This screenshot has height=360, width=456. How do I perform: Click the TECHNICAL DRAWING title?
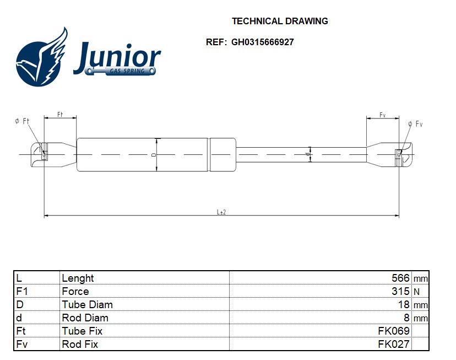(280, 22)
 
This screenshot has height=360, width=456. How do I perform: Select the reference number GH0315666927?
(262, 42)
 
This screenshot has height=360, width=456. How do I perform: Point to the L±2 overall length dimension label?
(221, 212)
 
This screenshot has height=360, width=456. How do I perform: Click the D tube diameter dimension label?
(154, 155)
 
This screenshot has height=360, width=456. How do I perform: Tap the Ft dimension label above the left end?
(60, 114)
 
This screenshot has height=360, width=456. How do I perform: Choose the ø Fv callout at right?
(415, 123)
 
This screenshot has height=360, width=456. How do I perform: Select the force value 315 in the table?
(400, 292)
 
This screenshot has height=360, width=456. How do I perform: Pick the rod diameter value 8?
(406, 318)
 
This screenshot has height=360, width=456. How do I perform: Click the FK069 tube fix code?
(393, 331)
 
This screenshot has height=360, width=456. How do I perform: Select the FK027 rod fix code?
(393, 345)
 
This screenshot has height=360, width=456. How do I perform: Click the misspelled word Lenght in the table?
(78, 278)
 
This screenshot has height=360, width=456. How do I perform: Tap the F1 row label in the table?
(21, 292)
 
